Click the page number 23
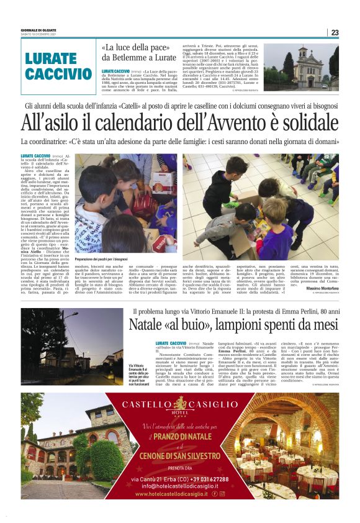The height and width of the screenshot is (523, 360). click(335, 32)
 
